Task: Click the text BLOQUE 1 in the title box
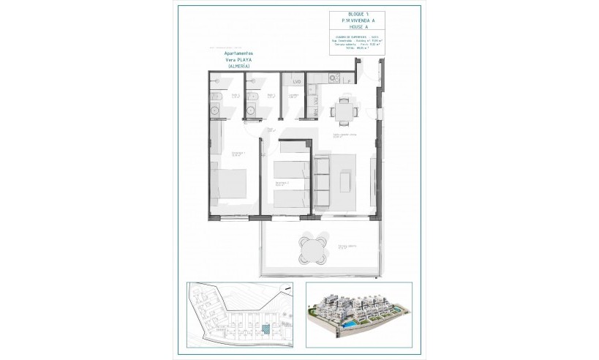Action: coord(339,15)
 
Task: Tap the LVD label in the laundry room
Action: coord(295,81)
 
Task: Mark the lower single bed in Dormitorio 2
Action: coord(290,195)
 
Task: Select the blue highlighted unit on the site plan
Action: coord(266,331)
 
